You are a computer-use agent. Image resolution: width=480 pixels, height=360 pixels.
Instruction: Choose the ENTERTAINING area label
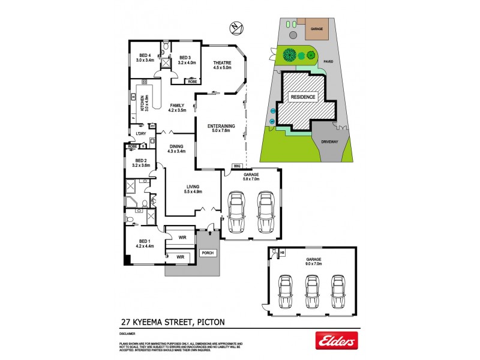click(221, 125)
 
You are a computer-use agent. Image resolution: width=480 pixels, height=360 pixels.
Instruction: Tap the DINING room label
click(177, 145)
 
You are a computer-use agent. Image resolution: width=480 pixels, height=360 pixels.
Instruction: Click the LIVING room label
click(193, 186)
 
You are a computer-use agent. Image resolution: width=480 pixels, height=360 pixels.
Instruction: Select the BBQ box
click(236, 166)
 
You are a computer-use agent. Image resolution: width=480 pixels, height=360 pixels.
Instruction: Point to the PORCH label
click(208, 252)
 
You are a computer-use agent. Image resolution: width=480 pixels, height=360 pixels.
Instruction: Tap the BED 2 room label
click(142, 160)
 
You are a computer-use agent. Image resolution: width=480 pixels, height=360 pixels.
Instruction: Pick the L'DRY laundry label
click(141, 133)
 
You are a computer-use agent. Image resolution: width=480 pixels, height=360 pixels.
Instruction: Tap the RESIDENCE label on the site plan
click(302, 97)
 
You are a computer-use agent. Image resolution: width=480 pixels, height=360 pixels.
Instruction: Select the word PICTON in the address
click(208, 322)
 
